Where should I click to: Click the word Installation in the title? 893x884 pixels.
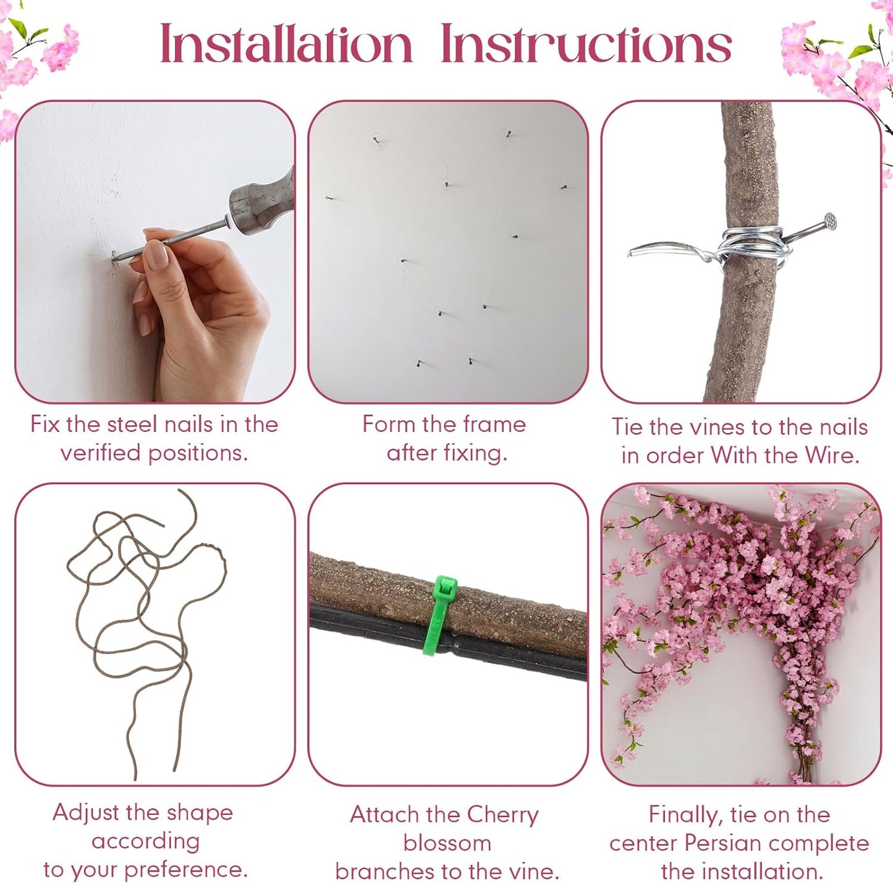point(286,43)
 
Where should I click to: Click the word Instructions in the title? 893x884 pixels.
point(586,43)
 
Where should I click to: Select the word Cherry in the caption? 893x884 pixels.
point(502,815)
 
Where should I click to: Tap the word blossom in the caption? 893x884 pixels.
point(447,843)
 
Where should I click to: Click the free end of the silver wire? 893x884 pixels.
point(630,253)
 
